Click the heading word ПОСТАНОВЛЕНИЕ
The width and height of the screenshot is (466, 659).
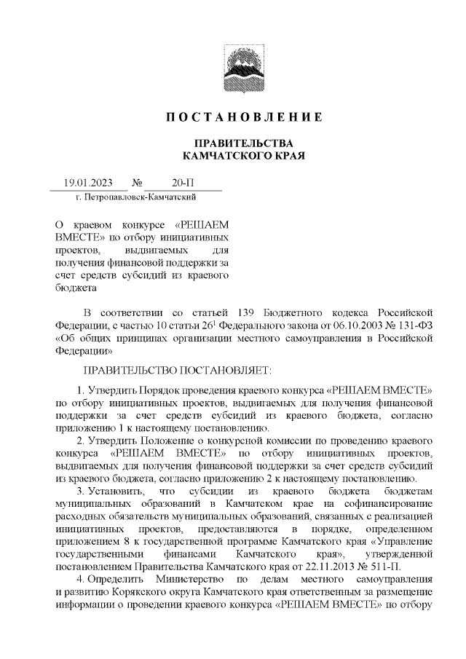coord(243,117)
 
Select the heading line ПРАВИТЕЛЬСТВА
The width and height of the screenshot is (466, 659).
coord(243,143)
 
